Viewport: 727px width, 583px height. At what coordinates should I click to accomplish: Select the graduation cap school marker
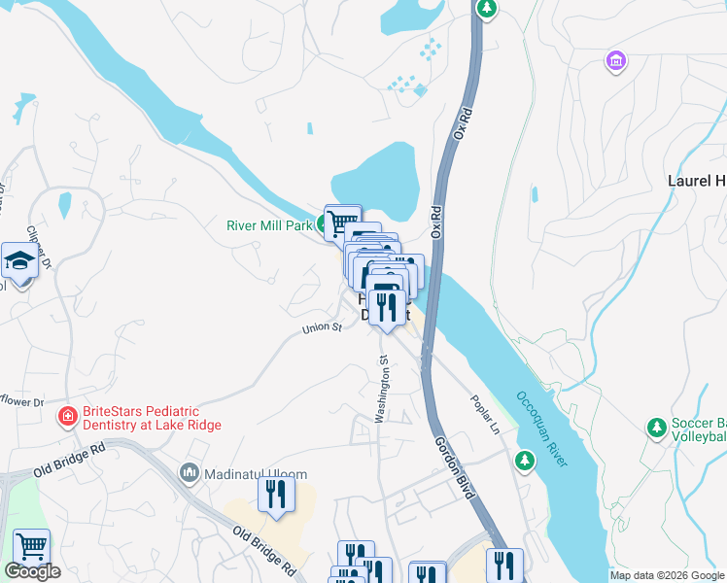(19, 260)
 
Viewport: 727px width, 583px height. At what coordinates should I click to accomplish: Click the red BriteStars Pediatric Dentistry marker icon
(67, 418)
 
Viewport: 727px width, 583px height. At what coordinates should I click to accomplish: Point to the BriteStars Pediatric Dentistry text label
(152, 418)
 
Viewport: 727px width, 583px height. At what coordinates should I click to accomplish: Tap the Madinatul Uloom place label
(256, 474)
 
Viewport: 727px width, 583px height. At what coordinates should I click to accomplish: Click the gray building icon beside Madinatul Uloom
(189, 474)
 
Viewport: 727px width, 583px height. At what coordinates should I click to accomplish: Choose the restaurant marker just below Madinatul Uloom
(276, 496)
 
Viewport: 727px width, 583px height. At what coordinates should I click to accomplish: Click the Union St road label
(322, 328)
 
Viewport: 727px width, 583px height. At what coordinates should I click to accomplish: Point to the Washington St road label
(383, 388)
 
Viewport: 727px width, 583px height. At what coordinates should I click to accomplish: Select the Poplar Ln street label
(483, 414)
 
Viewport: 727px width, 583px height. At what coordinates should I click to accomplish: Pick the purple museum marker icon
(614, 62)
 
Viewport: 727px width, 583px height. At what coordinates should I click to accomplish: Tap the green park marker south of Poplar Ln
(525, 459)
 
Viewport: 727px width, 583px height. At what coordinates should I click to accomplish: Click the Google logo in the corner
(32, 571)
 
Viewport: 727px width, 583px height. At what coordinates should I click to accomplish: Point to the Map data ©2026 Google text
(666, 575)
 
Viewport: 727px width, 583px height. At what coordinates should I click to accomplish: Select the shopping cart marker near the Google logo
(31, 547)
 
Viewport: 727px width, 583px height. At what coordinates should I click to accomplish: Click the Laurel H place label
(695, 181)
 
